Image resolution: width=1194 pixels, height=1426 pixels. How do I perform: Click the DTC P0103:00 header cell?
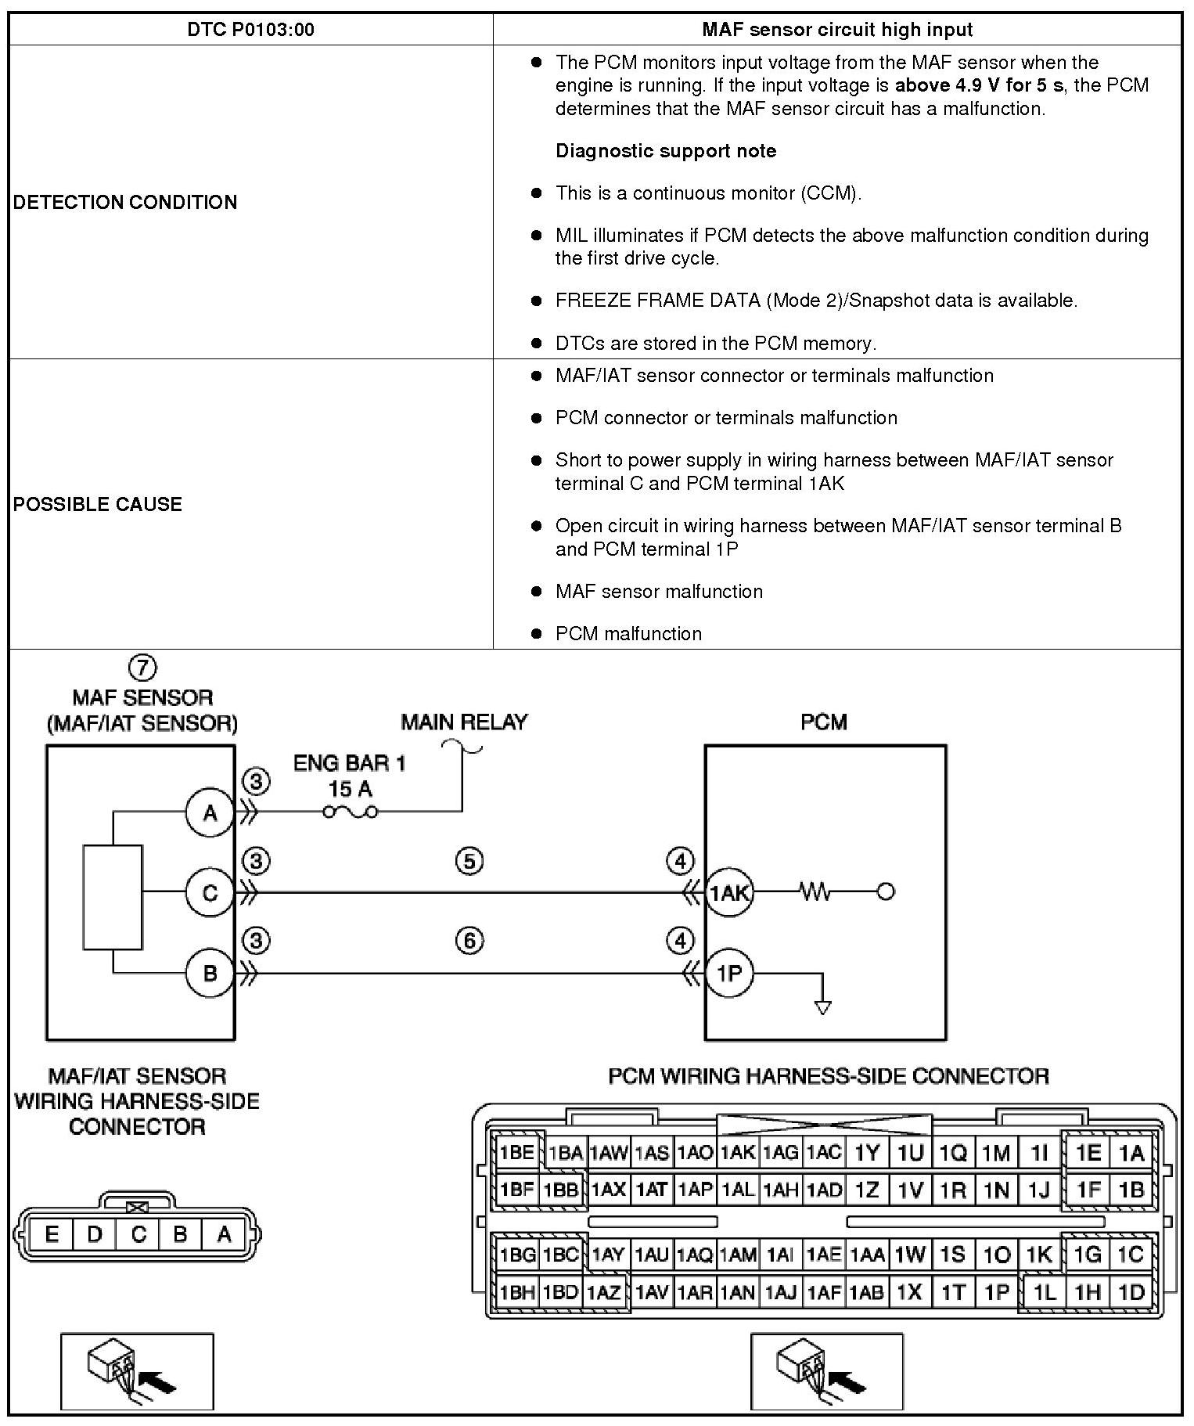tap(250, 30)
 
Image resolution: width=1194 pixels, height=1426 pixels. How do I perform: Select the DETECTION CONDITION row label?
tap(125, 202)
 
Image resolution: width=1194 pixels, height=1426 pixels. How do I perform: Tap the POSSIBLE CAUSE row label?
tap(98, 504)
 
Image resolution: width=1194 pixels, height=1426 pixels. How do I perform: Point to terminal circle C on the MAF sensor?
tap(210, 892)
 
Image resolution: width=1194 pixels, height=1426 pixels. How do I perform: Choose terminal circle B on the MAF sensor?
tap(210, 974)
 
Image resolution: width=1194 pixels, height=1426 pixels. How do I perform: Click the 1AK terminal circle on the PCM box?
tap(729, 892)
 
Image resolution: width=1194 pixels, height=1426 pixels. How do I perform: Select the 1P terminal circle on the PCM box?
tap(729, 974)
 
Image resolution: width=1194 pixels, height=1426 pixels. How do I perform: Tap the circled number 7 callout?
tap(142, 668)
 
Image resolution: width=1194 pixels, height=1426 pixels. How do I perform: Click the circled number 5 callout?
tap(469, 861)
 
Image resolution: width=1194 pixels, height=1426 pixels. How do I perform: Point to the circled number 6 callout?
tap(469, 940)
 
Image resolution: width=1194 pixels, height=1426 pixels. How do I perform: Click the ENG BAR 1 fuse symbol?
tap(351, 812)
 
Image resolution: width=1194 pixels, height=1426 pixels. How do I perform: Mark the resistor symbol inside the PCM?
tap(815, 891)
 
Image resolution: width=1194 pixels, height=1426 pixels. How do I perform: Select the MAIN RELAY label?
tap(464, 722)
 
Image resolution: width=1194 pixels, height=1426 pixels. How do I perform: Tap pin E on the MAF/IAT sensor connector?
tap(52, 1234)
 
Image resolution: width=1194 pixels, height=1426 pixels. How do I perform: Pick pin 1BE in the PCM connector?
tap(516, 1152)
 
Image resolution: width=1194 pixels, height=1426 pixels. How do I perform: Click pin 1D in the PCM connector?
tap(1131, 1291)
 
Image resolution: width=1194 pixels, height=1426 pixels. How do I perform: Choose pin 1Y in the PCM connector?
tap(867, 1152)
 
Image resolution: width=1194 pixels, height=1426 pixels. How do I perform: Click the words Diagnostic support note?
tap(666, 151)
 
